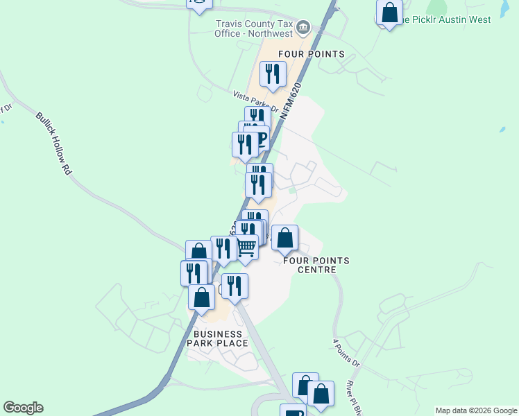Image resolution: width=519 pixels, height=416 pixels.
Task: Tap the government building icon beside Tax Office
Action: click(303, 28)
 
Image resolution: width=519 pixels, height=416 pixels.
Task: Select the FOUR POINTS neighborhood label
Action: click(311, 54)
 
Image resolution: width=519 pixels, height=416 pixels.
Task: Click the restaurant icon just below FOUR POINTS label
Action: click(273, 74)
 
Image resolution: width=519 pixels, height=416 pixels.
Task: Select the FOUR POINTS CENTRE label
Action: click(316, 265)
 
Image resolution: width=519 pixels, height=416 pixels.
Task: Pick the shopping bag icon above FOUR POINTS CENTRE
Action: click(284, 239)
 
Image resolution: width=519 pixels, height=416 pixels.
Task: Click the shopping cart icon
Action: click(246, 247)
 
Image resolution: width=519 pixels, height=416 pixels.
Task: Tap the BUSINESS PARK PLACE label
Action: click(216, 338)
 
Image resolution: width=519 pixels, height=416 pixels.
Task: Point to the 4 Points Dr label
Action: click(348, 353)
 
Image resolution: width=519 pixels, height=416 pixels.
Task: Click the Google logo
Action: click(23, 408)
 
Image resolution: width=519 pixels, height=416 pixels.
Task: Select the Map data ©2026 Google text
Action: click(477, 410)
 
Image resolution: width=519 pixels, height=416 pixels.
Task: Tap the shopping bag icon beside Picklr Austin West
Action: click(389, 12)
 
